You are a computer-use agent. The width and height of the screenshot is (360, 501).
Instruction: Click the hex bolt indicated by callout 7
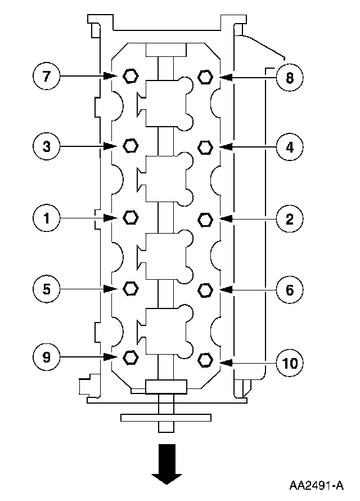pyautogui.click(x=130, y=76)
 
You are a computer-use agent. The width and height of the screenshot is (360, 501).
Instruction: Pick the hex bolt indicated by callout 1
pyautogui.click(x=130, y=217)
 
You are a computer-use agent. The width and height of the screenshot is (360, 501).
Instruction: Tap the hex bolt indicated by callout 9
pyautogui.click(x=130, y=357)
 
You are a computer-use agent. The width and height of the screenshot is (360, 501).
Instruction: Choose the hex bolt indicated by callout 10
pyautogui.click(x=205, y=359)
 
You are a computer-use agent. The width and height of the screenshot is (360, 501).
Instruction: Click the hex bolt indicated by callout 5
pyautogui.click(x=130, y=288)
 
